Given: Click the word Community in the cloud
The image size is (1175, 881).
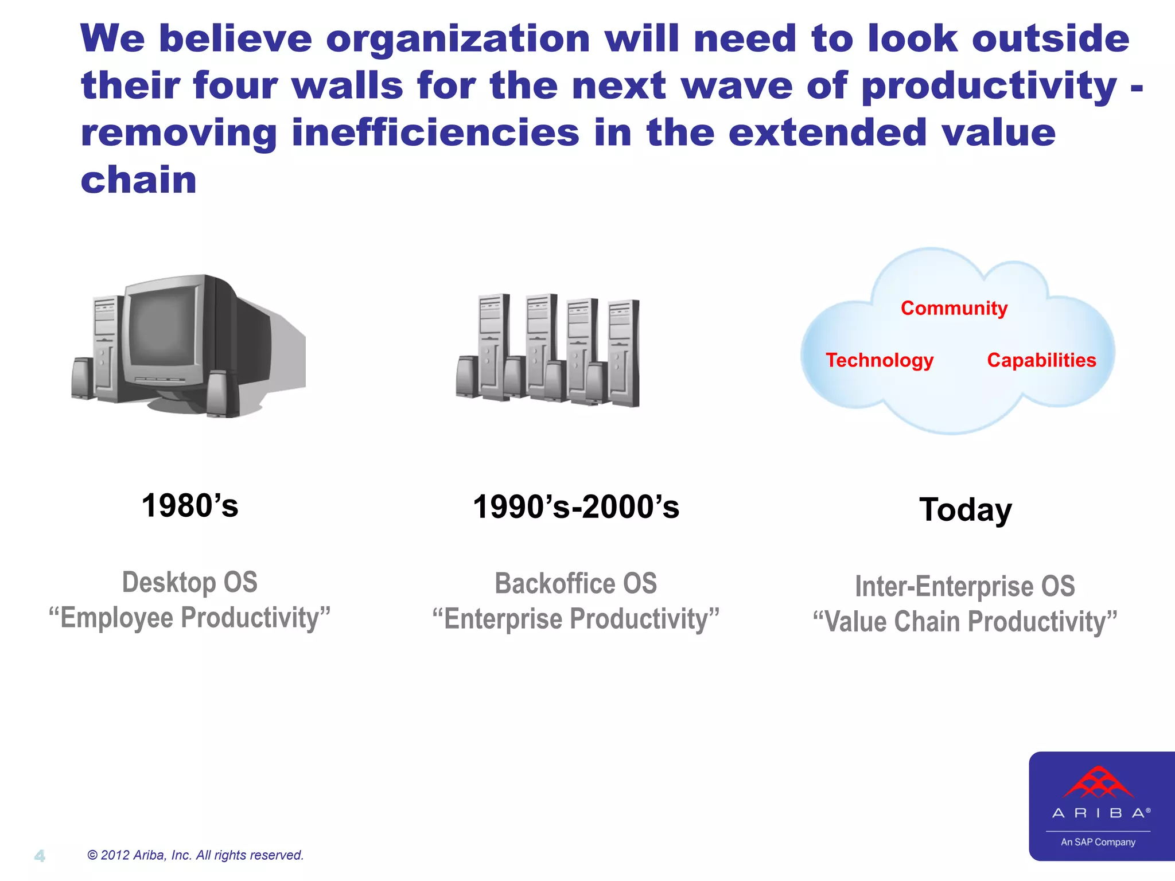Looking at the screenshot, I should click(x=954, y=309).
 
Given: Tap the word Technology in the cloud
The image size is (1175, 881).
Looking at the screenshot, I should click(x=879, y=360).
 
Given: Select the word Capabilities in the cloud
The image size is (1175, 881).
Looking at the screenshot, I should click(x=1041, y=360).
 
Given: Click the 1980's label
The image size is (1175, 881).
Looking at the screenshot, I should click(x=190, y=506).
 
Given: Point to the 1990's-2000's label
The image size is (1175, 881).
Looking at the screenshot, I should click(x=576, y=508).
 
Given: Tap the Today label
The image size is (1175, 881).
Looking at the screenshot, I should click(x=965, y=510).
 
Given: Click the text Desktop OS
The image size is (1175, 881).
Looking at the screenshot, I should click(x=190, y=583).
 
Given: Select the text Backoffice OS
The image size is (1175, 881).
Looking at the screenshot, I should click(x=575, y=584).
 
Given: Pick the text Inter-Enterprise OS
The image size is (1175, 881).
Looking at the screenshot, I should click(x=964, y=587).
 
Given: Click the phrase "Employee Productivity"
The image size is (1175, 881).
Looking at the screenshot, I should click(x=190, y=618).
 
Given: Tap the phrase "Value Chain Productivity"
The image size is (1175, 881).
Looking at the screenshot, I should click(x=964, y=622).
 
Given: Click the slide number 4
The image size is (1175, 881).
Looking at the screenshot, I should click(x=40, y=856).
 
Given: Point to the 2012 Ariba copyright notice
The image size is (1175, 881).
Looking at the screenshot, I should click(x=195, y=855).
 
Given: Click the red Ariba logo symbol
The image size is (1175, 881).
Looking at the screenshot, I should click(x=1098, y=783).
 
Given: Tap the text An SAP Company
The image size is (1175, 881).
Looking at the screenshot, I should click(x=1098, y=842).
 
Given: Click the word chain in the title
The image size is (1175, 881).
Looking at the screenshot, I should click(x=139, y=180).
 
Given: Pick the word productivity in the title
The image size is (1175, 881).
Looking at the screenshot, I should click(x=989, y=86).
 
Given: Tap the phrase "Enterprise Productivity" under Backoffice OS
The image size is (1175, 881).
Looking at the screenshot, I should click(x=575, y=619).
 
